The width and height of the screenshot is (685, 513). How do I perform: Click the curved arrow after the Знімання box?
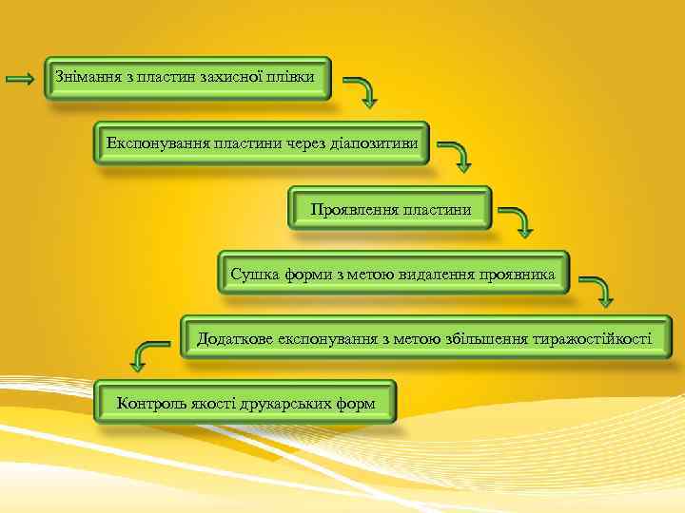click(362, 91)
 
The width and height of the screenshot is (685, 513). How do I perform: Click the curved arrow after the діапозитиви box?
click(460, 157)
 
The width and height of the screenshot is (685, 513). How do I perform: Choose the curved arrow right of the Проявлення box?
click(519, 220)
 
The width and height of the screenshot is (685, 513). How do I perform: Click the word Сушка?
click(253, 274)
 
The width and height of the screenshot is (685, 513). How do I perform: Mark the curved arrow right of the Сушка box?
click(598, 291)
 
